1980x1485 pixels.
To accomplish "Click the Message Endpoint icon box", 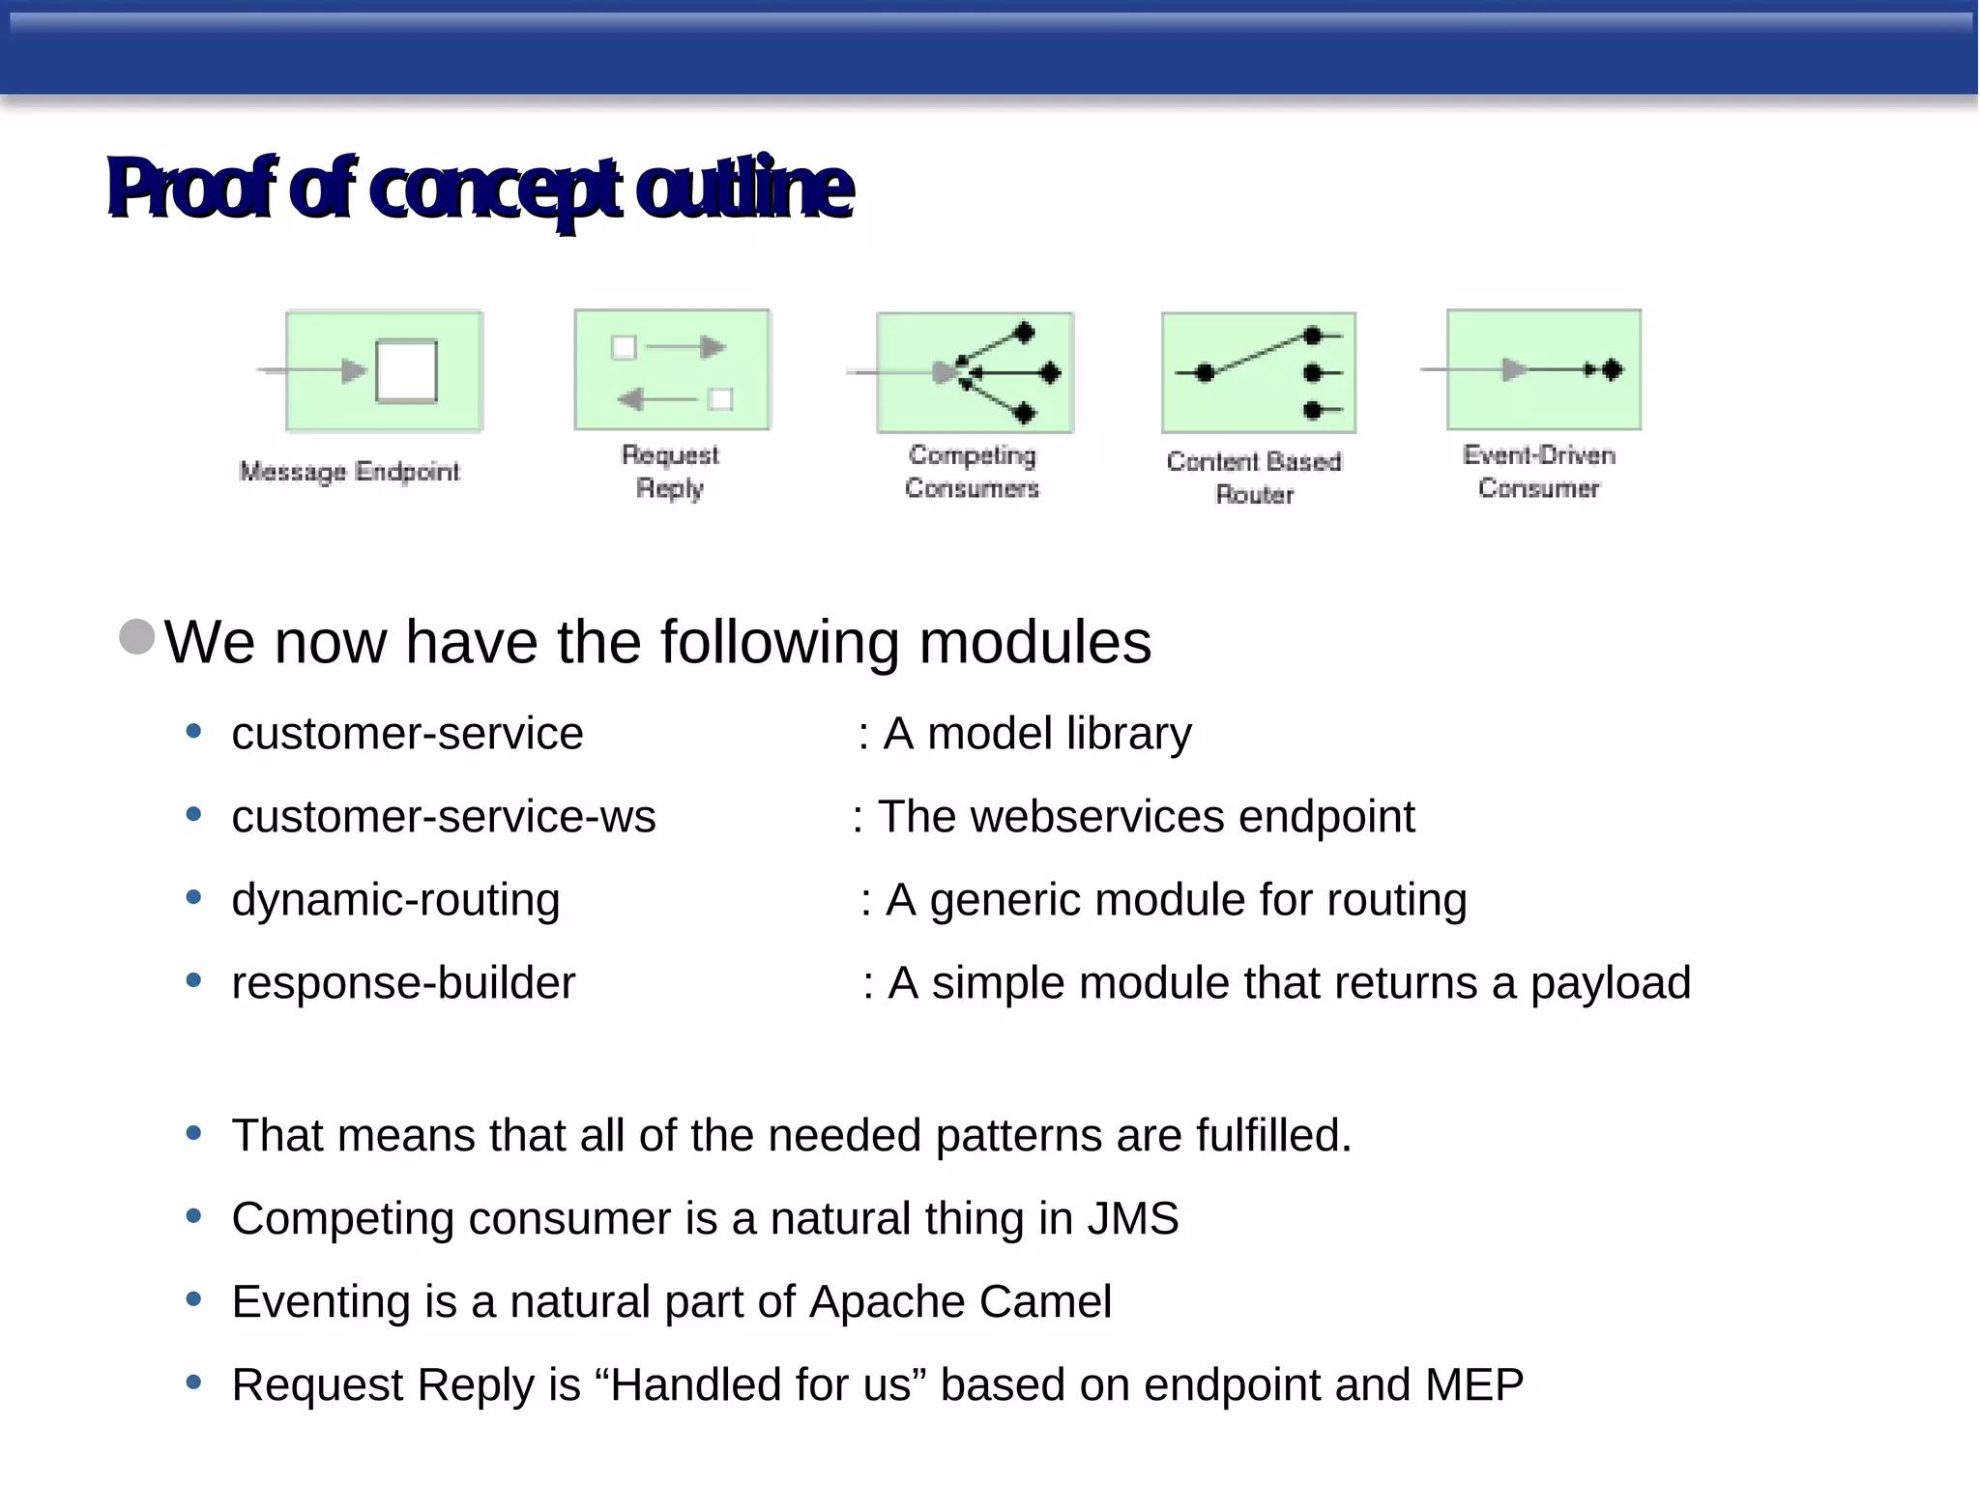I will [384, 370].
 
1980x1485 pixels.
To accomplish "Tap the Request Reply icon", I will [672, 370].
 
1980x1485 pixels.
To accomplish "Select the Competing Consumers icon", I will [975, 372].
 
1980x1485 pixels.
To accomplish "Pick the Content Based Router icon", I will [1258, 372].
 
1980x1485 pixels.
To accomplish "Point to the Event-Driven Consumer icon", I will [1543, 369].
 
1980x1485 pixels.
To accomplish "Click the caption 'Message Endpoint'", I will [350, 472].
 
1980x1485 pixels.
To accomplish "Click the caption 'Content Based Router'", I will [1254, 478].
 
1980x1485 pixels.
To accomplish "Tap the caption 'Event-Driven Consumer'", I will [1538, 472].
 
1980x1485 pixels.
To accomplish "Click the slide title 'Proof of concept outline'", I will [480, 188].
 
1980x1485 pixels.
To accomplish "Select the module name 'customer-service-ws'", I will [444, 817].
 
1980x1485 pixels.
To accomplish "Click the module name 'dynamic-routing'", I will [395, 900].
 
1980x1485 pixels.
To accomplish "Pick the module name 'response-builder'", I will [403, 983].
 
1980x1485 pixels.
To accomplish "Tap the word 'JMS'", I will [1132, 1218].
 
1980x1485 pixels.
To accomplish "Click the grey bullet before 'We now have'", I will [137, 637].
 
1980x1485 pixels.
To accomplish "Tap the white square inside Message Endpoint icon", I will [406, 370].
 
